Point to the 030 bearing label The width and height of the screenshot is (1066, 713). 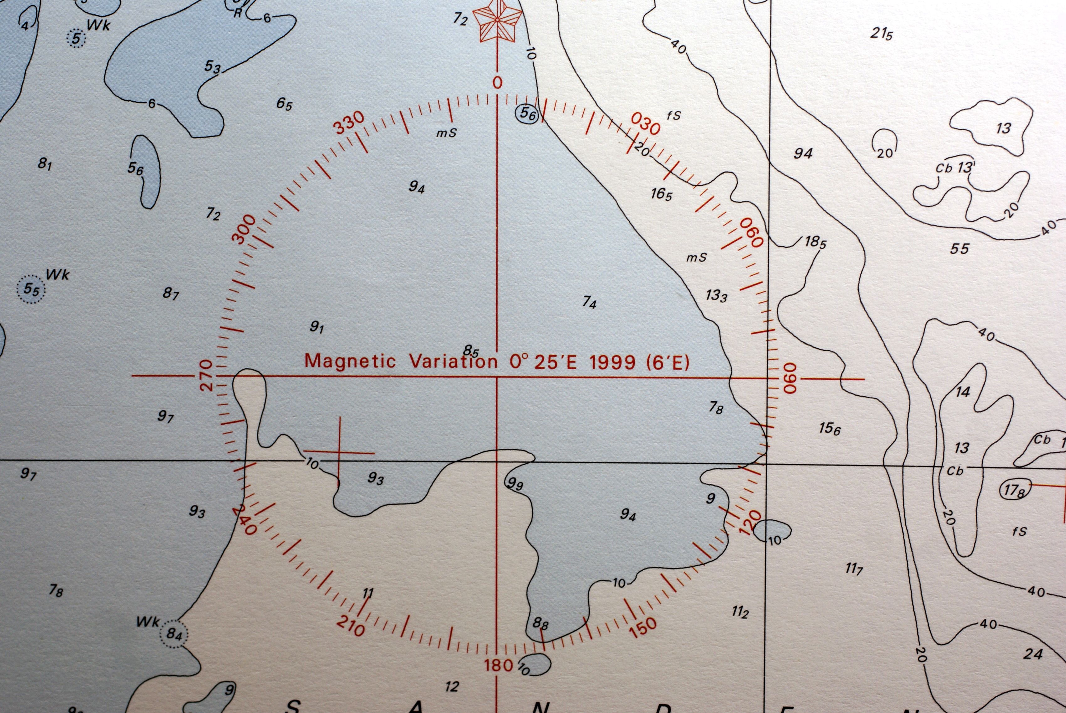pyautogui.click(x=646, y=124)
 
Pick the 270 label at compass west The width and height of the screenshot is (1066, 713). pyautogui.click(x=207, y=376)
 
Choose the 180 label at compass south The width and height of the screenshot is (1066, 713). pyautogui.click(x=499, y=666)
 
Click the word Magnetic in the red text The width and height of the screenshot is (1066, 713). pyautogui.click(x=350, y=361)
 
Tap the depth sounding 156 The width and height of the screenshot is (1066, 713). pyautogui.click(x=829, y=428)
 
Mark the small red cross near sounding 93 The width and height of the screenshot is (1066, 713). pyautogui.click(x=339, y=453)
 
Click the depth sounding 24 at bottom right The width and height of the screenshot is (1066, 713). pyautogui.click(x=1033, y=654)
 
